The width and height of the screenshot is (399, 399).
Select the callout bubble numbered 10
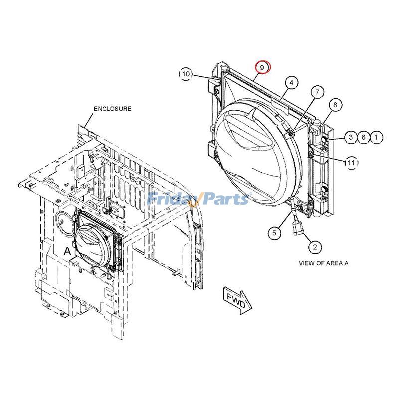pos(186,74)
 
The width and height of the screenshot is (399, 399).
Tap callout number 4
pos(292,82)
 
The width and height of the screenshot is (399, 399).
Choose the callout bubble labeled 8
pos(335,105)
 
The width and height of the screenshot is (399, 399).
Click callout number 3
pos(351,137)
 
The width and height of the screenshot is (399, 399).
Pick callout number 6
pos(364,137)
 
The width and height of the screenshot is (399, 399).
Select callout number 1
pos(377,137)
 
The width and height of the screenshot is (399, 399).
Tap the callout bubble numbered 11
pos(351,162)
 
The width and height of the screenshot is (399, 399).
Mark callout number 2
pos(315,246)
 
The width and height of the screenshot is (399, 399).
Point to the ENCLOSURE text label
pos(112,109)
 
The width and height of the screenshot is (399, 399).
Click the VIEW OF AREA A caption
pos(323,263)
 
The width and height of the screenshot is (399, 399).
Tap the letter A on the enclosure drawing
pos(67,252)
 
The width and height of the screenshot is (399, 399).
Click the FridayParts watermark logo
pos(199,199)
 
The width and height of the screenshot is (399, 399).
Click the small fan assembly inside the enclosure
pos(94,239)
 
